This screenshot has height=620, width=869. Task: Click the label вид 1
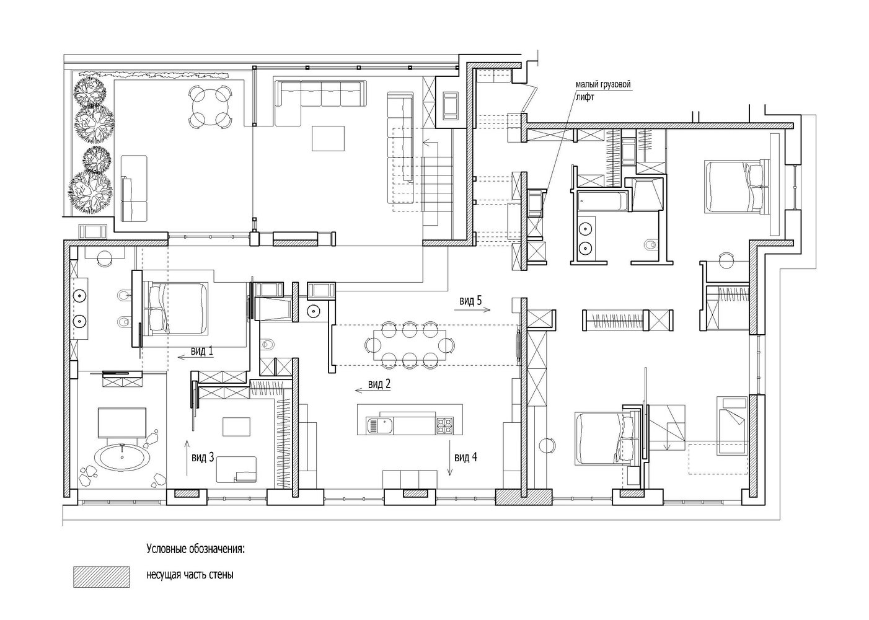point(201,351)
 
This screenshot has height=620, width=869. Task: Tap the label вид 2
point(379,384)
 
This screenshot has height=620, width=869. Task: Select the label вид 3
point(203,458)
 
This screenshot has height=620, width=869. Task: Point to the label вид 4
point(465,458)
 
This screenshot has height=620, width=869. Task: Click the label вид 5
point(470,301)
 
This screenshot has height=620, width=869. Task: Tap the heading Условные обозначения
point(195,549)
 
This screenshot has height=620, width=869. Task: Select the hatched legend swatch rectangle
point(101,577)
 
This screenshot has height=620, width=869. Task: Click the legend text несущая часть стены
point(190,575)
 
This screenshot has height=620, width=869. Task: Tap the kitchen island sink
point(379,425)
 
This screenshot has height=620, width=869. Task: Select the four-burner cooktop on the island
point(445,425)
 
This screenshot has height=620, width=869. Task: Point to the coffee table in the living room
point(329,138)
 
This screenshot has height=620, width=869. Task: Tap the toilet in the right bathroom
point(650,245)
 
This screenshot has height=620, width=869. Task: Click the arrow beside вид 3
point(187,458)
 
